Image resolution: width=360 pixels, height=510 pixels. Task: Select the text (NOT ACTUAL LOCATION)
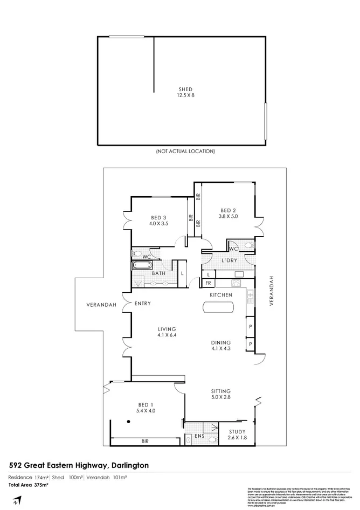185,151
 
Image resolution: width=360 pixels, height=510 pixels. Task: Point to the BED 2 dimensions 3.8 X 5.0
228,217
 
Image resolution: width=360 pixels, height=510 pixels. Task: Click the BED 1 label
144,404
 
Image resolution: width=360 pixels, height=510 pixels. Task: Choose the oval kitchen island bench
218,307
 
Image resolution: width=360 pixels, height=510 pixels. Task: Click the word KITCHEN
221,295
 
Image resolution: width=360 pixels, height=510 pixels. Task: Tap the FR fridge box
207,282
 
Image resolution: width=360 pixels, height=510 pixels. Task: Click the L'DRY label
230,261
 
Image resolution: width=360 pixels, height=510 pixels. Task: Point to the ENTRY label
142,304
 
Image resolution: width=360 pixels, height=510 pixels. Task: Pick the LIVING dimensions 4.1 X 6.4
167,335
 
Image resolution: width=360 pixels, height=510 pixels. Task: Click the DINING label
221,342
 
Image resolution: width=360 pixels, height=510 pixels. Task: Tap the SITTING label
221,391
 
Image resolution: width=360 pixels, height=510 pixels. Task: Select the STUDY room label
237,431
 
